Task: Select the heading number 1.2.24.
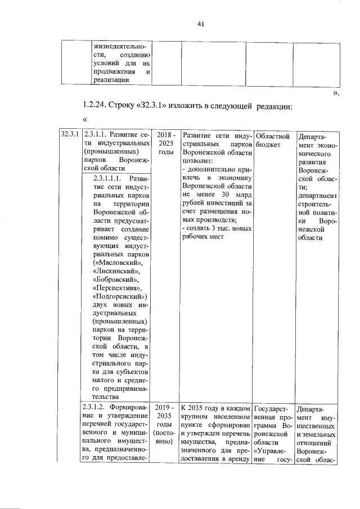point(96,107)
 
